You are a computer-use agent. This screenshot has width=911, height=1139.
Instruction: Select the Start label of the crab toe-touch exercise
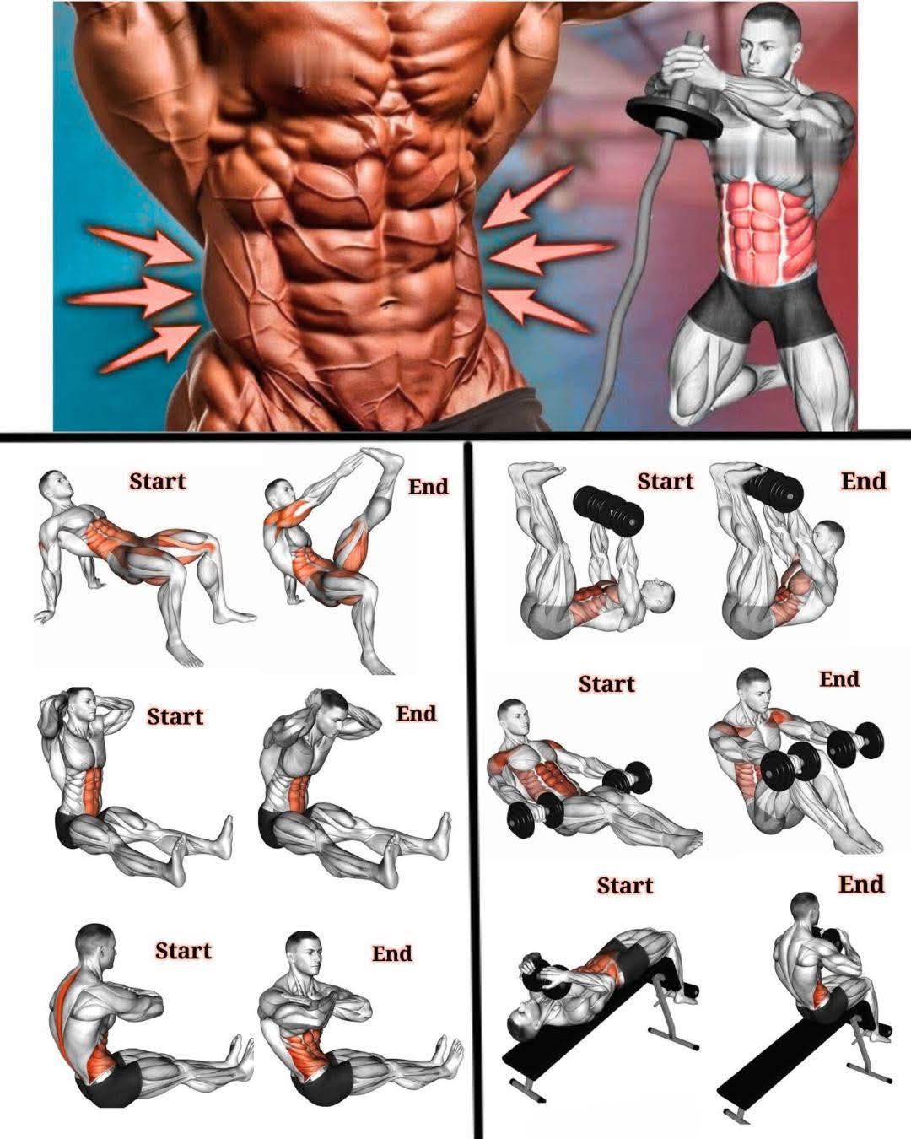(158, 481)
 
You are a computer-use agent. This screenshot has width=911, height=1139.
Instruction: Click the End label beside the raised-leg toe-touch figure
(429, 486)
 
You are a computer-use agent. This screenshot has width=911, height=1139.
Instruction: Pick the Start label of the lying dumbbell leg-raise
(666, 481)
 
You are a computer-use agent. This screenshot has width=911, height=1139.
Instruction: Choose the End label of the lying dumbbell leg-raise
(864, 481)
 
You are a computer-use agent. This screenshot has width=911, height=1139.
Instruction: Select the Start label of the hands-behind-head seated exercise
(175, 716)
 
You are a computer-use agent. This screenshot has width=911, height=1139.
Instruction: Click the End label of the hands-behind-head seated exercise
(417, 714)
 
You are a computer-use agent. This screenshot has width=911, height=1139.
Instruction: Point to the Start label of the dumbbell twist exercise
(606, 684)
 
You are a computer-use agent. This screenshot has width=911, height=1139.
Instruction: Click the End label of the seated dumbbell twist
(839, 678)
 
